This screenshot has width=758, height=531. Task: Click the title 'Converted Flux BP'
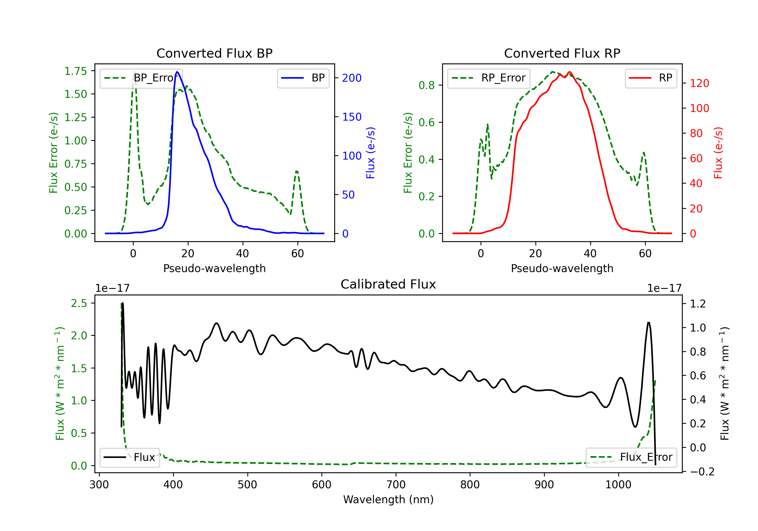coord(214,53)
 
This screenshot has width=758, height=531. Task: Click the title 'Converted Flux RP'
coord(562,53)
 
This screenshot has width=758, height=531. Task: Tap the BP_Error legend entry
coord(141,78)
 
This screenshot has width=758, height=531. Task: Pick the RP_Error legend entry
coord(489,78)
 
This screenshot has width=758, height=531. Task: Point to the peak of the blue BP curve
coord(177,72)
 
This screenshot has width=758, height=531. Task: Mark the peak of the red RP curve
coord(570,72)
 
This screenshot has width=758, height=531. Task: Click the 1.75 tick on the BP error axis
coord(76,71)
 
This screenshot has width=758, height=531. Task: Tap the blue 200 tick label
coord(352,78)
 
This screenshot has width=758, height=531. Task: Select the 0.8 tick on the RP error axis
coord(427,85)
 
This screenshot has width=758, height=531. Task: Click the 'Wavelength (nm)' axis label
coord(388,499)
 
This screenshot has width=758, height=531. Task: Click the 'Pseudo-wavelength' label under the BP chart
coord(214,268)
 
